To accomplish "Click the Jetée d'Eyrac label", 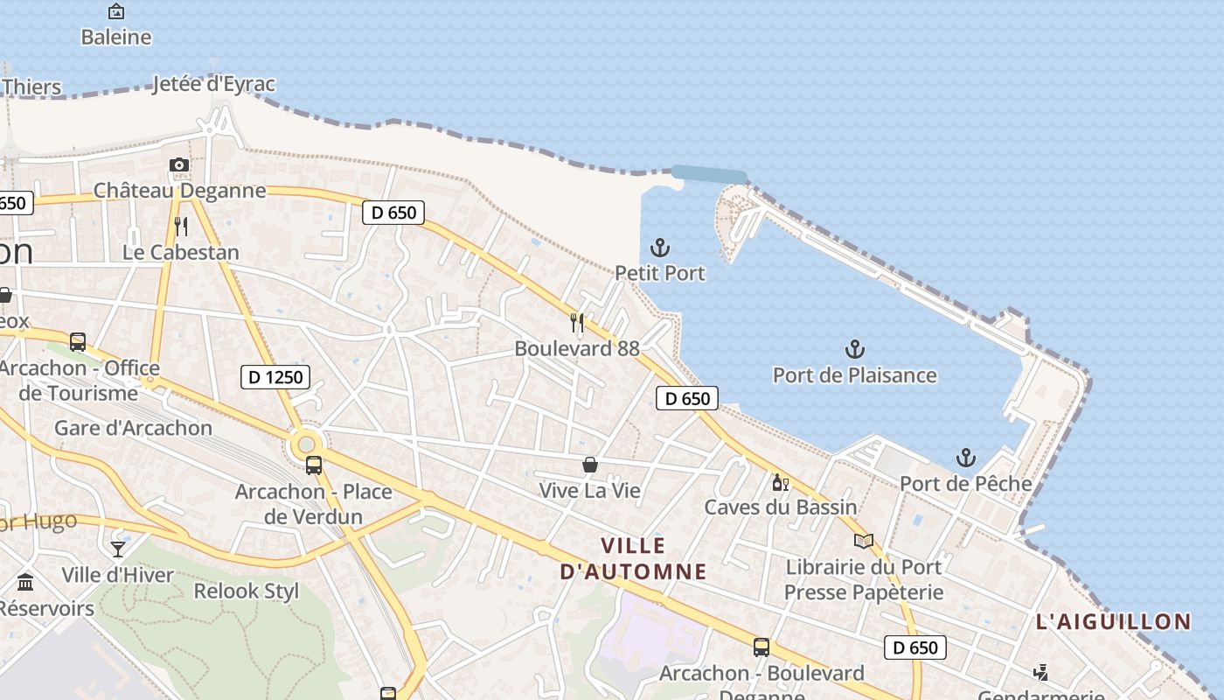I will point(213,84).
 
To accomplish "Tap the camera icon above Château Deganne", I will point(178,164).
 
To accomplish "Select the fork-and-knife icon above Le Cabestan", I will point(181,227).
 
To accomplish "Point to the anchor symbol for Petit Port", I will point(660,248).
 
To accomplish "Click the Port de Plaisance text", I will point(854,375).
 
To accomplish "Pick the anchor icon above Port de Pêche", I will point(965,458).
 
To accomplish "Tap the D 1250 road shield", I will point(275,377).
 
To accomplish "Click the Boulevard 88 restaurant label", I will point(577,348).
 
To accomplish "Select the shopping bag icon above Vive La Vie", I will point(590,465).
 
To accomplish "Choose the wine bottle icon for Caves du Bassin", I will point(780,482).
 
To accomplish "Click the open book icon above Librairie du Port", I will point(863,541).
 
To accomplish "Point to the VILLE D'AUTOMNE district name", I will point(633,558).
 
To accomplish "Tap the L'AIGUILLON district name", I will point(1113,622).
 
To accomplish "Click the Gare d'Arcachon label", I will point(133,428).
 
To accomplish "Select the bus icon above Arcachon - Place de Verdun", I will point(314,465).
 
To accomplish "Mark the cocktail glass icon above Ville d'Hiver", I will point(118,549).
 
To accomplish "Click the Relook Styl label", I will point(246,591).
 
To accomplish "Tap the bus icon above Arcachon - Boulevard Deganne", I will point(762,647).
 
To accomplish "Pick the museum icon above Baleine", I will point(115,11).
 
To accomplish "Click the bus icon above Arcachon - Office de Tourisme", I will point(78,342).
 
